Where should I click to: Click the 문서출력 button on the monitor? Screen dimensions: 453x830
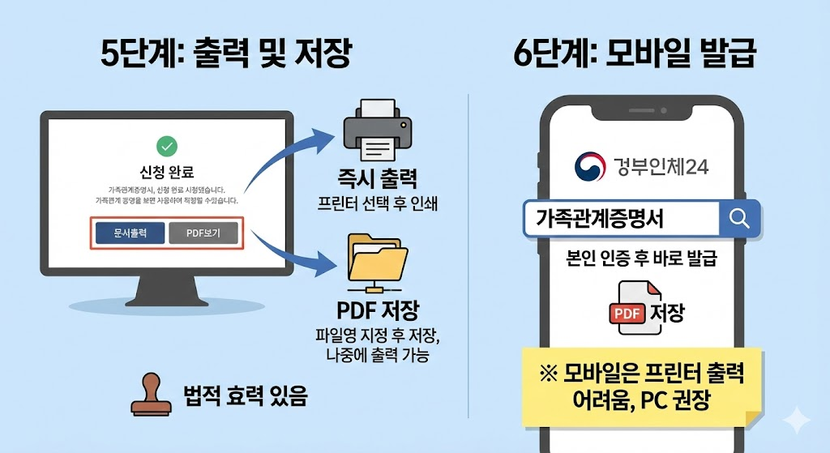point(130,233)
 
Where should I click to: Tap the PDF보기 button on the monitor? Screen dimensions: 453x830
point(203,233)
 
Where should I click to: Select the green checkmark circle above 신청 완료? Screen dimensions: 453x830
point(166,146)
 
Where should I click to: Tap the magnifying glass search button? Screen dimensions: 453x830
point(739,218)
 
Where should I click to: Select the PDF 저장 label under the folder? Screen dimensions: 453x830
point(378,312)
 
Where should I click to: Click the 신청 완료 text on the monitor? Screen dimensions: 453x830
point(167,172)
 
